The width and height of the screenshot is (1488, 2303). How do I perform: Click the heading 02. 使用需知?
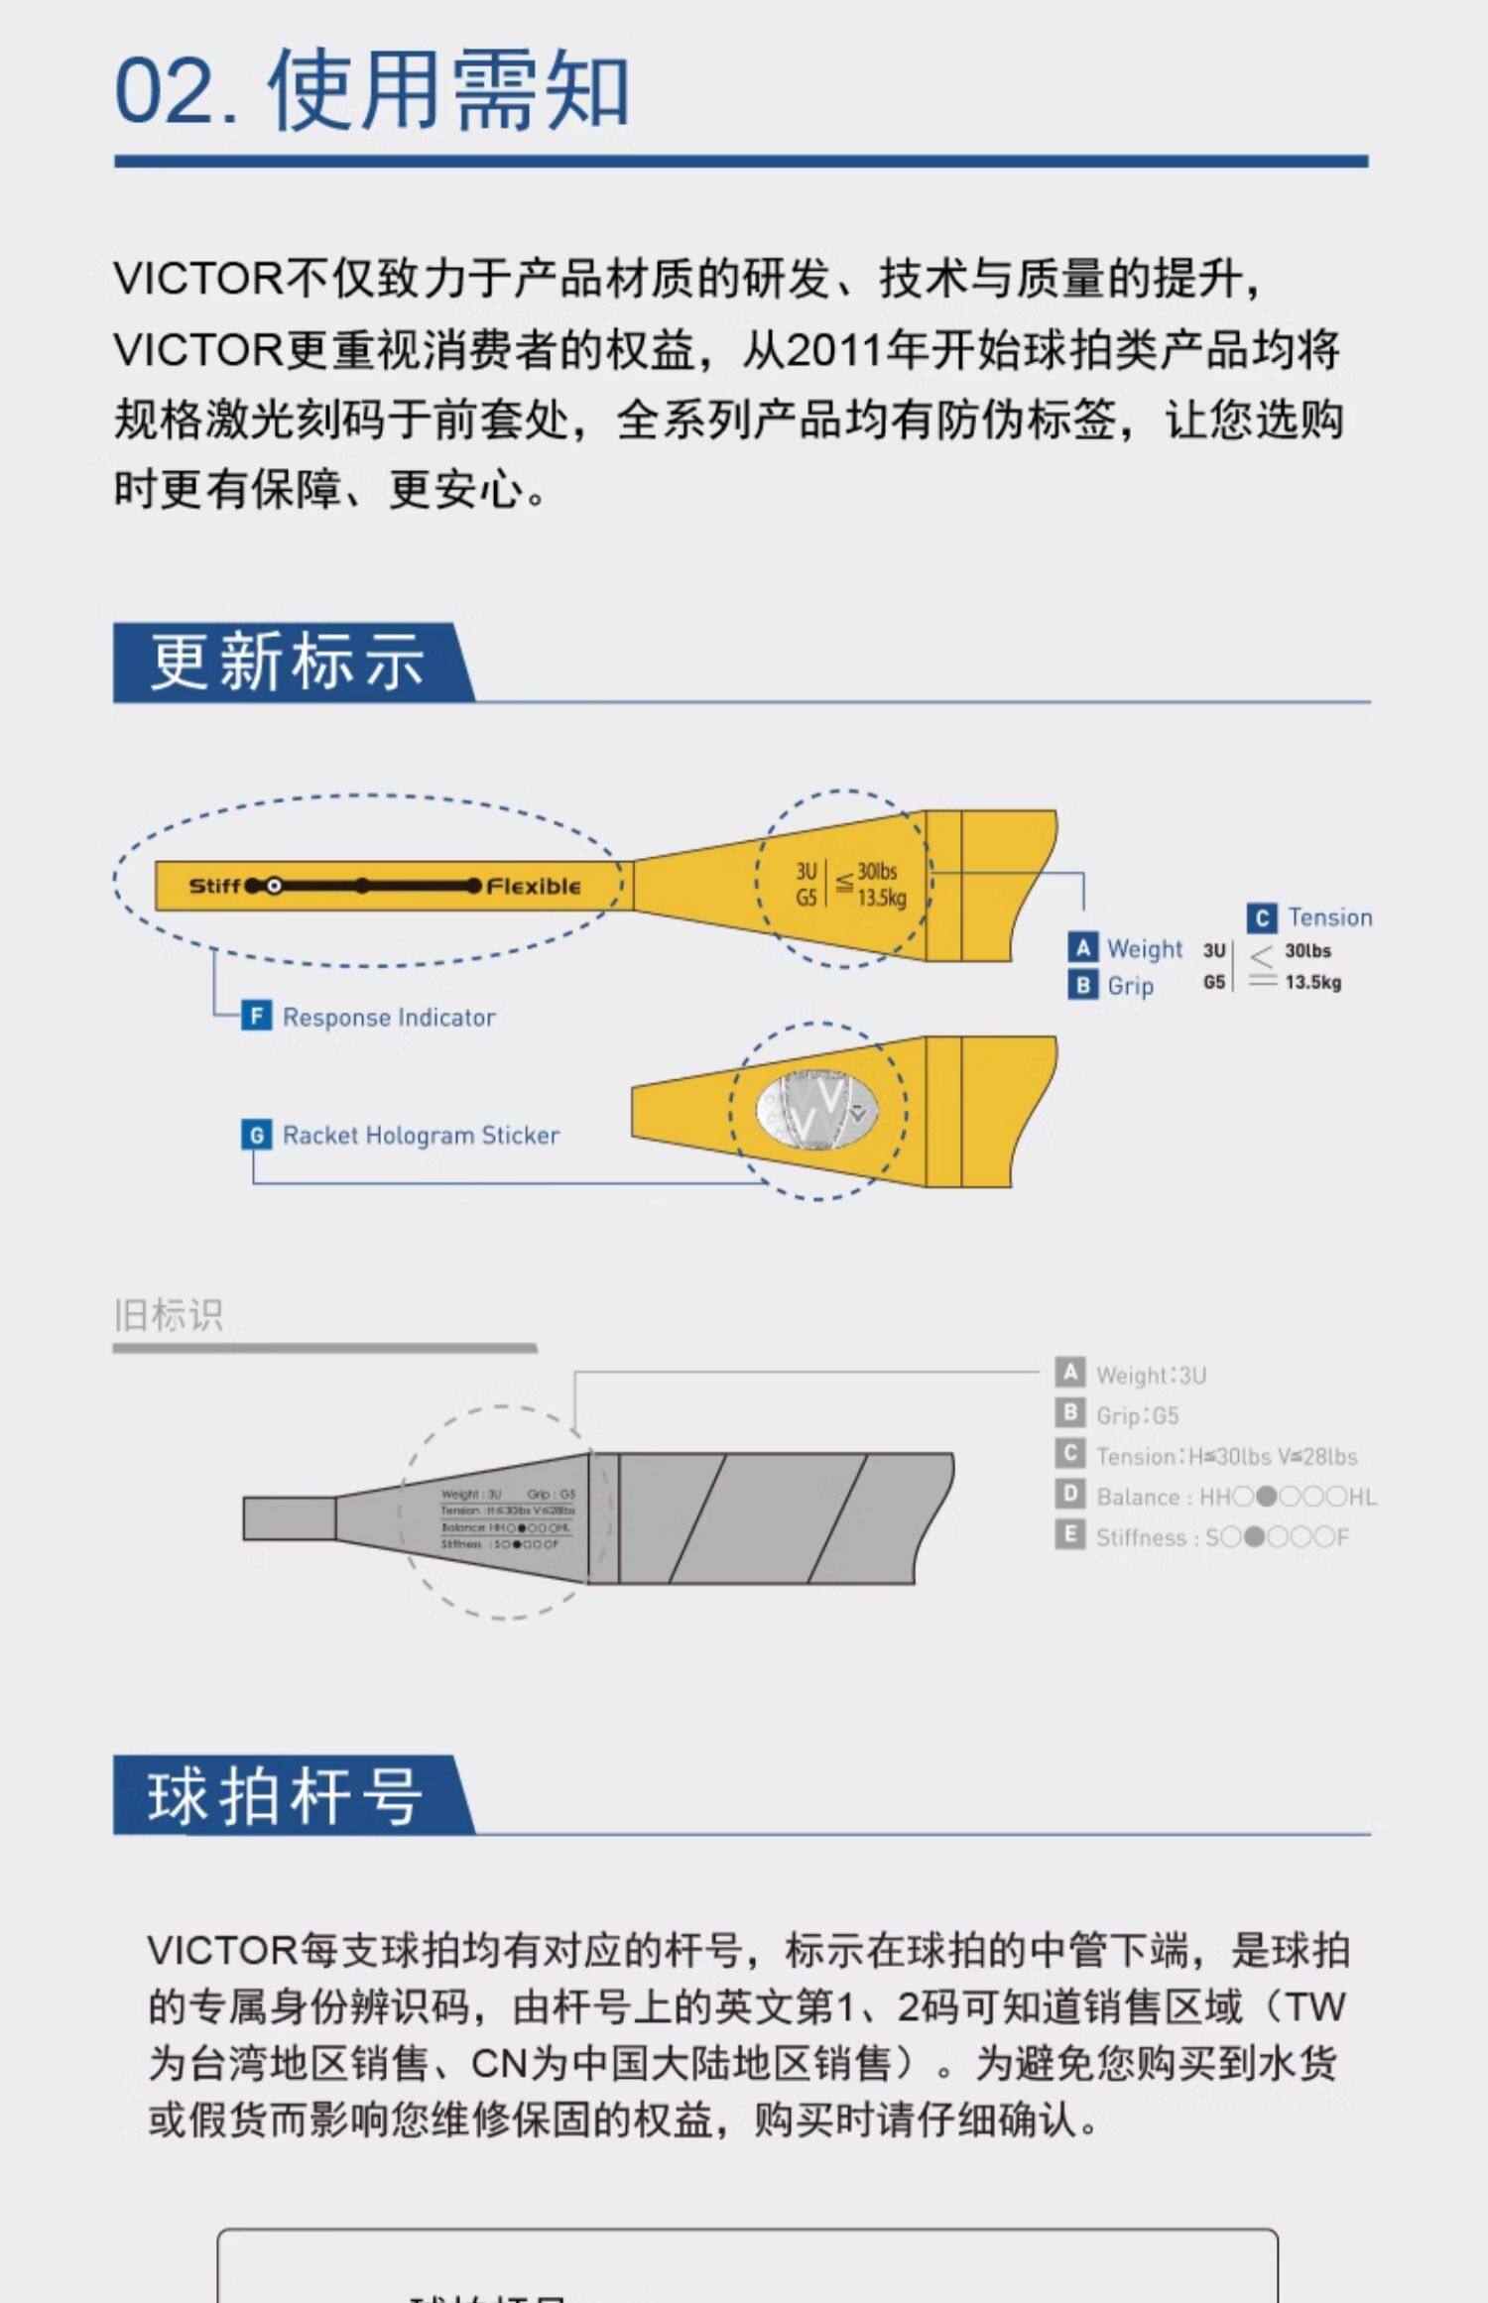(372, 90)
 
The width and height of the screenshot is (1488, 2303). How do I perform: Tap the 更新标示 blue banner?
(288, 663)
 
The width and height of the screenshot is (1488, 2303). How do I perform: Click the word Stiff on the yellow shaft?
(214, 886)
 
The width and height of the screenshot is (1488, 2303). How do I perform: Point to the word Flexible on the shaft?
(534, 886)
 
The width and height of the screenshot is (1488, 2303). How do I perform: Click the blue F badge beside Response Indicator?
(256, 1016)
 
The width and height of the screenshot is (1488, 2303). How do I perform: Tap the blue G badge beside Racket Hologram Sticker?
(256, 1135)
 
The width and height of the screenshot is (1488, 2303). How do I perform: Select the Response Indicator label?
(389, 1017)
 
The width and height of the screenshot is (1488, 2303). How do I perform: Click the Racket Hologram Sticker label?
(421, 1135)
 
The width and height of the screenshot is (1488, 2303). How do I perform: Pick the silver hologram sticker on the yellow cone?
(816, 1110)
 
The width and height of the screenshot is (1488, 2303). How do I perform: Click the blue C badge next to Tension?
(1261, 917)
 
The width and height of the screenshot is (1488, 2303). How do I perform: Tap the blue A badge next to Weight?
(1082, 948)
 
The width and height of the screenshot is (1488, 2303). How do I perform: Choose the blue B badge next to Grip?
(1082, 985)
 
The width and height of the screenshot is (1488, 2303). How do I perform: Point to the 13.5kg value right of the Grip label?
(1312, 982)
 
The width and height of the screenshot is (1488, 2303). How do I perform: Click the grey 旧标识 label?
(169, 1315)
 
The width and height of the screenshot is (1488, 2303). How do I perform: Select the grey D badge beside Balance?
(1069, 1495)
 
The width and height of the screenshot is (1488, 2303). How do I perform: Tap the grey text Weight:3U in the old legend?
(1151, 1375)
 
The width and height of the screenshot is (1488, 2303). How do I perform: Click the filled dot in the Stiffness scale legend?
(1254, 1537)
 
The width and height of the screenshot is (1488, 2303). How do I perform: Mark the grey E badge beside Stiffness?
(1069, 1535)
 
